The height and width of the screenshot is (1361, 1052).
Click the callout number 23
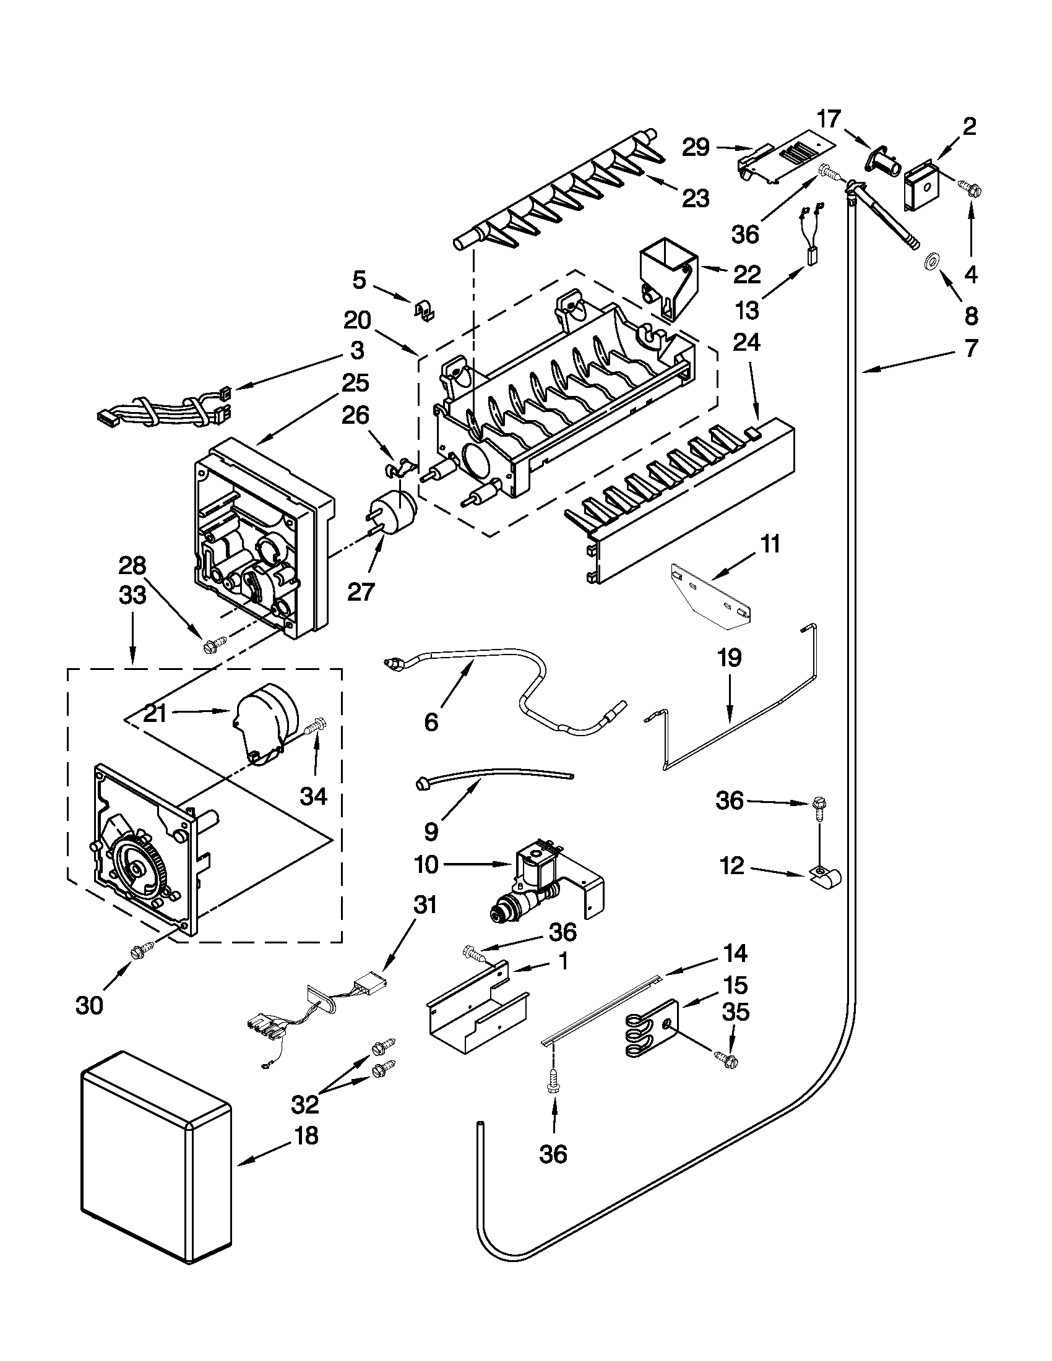coord(696,199)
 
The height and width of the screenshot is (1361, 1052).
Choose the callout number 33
coord(132,595)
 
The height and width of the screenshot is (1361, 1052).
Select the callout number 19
coord(730,658)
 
